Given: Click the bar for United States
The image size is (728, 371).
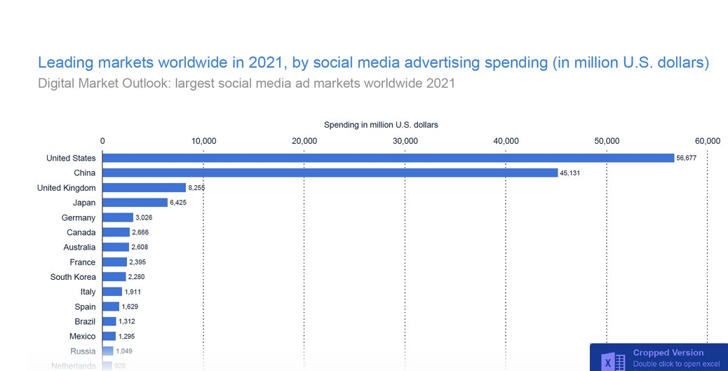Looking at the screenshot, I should [388, 158].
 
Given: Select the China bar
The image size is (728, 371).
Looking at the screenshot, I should [330, 173].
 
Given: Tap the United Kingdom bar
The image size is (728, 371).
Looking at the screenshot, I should [144, 188].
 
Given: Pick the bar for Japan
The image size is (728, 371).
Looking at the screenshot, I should [135, 203].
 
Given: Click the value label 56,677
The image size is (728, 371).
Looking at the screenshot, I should [687, 158].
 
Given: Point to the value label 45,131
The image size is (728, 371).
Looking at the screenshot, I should [570, 173].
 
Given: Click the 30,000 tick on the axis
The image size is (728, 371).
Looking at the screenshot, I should [405, 141].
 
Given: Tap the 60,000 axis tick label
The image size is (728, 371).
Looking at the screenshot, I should [707, 141].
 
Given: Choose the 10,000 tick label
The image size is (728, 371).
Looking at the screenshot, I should [203, 141].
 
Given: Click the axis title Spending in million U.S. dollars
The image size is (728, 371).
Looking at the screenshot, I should [381, 125].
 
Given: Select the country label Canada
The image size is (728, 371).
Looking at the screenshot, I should [81, 232].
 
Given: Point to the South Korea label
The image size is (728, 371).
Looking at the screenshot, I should [73, 277].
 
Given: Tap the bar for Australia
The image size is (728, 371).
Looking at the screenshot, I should [116, 247].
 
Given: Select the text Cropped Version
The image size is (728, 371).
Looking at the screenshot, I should [668, 353].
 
